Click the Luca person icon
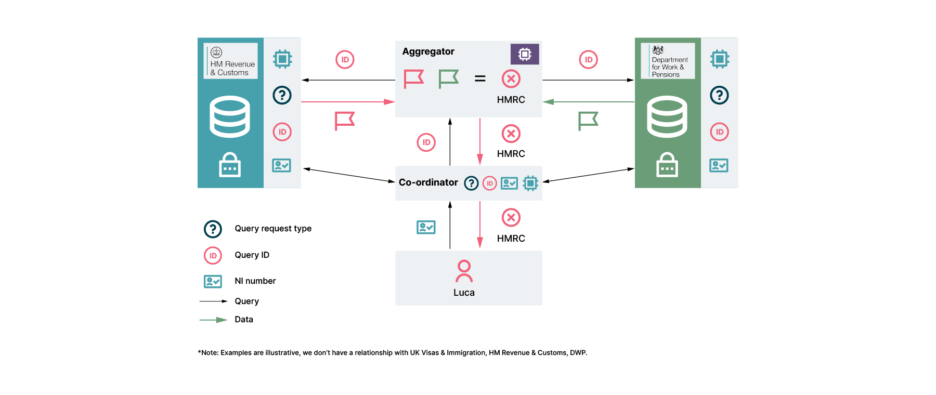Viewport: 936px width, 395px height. (x=464, y=271)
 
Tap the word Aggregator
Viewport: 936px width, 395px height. (x=428, y=51)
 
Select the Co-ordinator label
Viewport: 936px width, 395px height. (x=428, y=182)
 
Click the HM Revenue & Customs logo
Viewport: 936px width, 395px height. (x=230, y=61)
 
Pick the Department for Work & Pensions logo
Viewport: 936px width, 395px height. (x=668, y=61)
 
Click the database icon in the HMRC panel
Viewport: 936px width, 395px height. (x=230, y=116)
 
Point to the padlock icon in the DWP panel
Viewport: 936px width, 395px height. (x=667, y=165)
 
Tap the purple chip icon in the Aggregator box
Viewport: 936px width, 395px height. (x=525, y=54)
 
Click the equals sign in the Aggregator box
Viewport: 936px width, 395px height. (x=480, y=78)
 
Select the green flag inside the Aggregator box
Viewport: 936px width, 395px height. (x=448, y=79)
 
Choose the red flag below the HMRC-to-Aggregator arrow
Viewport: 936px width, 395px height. (x=344, y=121)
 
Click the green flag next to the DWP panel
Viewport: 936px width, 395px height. (x=588, y=121)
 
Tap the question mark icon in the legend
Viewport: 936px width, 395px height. (x=213, y=229)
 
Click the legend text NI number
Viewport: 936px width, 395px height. (x=255, y=281)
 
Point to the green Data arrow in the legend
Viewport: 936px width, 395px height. (x=213, y=320)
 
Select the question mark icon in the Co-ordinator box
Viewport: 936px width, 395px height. (x=471, y=183)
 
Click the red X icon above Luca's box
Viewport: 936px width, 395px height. (x=511, y=218)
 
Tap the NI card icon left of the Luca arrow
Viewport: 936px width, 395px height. (x=426, y=227)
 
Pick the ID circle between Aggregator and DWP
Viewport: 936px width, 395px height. (x=588, y=60)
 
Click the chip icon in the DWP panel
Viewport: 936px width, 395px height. (x=720, y=59)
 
